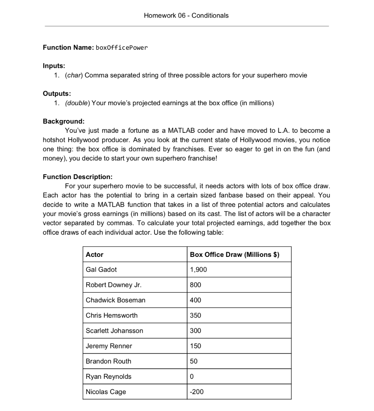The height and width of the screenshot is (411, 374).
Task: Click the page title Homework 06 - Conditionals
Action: click(186, 16)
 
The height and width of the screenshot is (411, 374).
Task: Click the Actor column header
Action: click(95, 254)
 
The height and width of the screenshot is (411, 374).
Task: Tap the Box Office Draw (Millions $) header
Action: click(234, 254)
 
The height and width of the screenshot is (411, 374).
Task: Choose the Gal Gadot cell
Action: click(101, 270)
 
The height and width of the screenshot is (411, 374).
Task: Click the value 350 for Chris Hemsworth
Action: click(195, 315)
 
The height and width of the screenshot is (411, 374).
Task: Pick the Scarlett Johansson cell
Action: click(114, 331)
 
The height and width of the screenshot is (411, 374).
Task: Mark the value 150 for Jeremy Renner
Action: click(195, 346)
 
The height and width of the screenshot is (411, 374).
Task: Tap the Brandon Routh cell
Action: click(109, 361)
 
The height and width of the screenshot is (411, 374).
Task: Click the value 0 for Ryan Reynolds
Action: click(192, 376)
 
